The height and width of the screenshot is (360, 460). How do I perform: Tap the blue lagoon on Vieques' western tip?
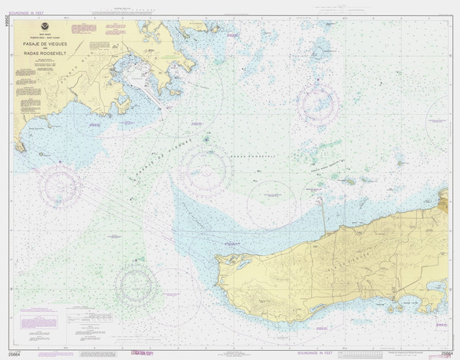pyautogui.click(x=242, y=265)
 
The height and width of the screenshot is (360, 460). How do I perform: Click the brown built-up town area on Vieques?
pyautogui.click(x=396, y=295)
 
